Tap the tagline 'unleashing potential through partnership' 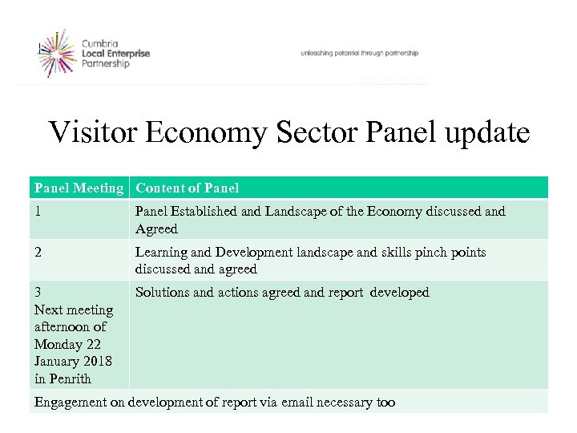tap(359, 53)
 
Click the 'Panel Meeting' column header tap(80, 188)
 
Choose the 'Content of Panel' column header tap(187, 188)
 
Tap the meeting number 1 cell tap(38, 212)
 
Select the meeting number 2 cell tap(38, 253)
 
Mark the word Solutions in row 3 tap(163, 293)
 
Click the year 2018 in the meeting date tap(98, 362)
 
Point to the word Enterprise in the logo tap(128, 53)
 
